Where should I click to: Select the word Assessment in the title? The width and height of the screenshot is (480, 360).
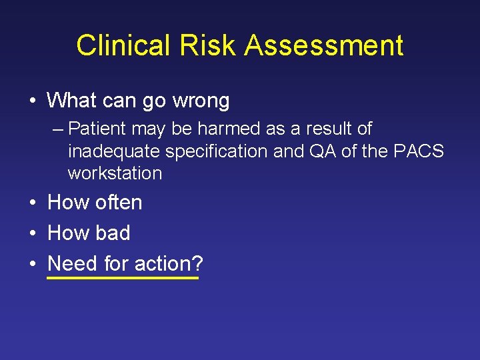pyautogui.click(x=323, y=45)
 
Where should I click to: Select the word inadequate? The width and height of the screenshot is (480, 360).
pyautogui.click(x=114, y=151)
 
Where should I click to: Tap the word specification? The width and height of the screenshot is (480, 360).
pyautogui.click(x=216, y=151)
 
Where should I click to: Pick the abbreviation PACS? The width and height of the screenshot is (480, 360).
pyautogui.click(x=419, y=151)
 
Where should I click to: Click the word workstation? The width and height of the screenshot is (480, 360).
pyautogui.click(x=115, y=174)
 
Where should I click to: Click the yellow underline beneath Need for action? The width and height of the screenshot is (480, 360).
pyautogui.click(x=123, y=277)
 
